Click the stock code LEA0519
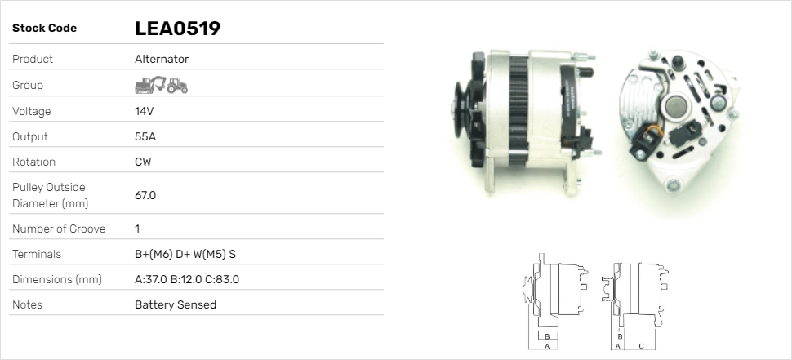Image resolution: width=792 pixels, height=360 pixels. [178, 29]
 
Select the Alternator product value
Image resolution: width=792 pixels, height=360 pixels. [162, 59]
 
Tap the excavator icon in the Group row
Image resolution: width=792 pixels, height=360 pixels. [150, 85]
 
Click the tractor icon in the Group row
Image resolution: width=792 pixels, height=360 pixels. [177, 86]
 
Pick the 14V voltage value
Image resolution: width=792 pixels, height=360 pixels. [144, 111]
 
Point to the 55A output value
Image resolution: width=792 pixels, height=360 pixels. [145, 137]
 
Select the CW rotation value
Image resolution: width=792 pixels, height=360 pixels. [143, 162]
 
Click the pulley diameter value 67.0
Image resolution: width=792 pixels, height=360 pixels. [145, 195]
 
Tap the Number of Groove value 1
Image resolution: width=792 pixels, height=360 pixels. [137, 229]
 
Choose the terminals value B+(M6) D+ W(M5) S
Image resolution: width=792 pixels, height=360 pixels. [185, 254]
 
